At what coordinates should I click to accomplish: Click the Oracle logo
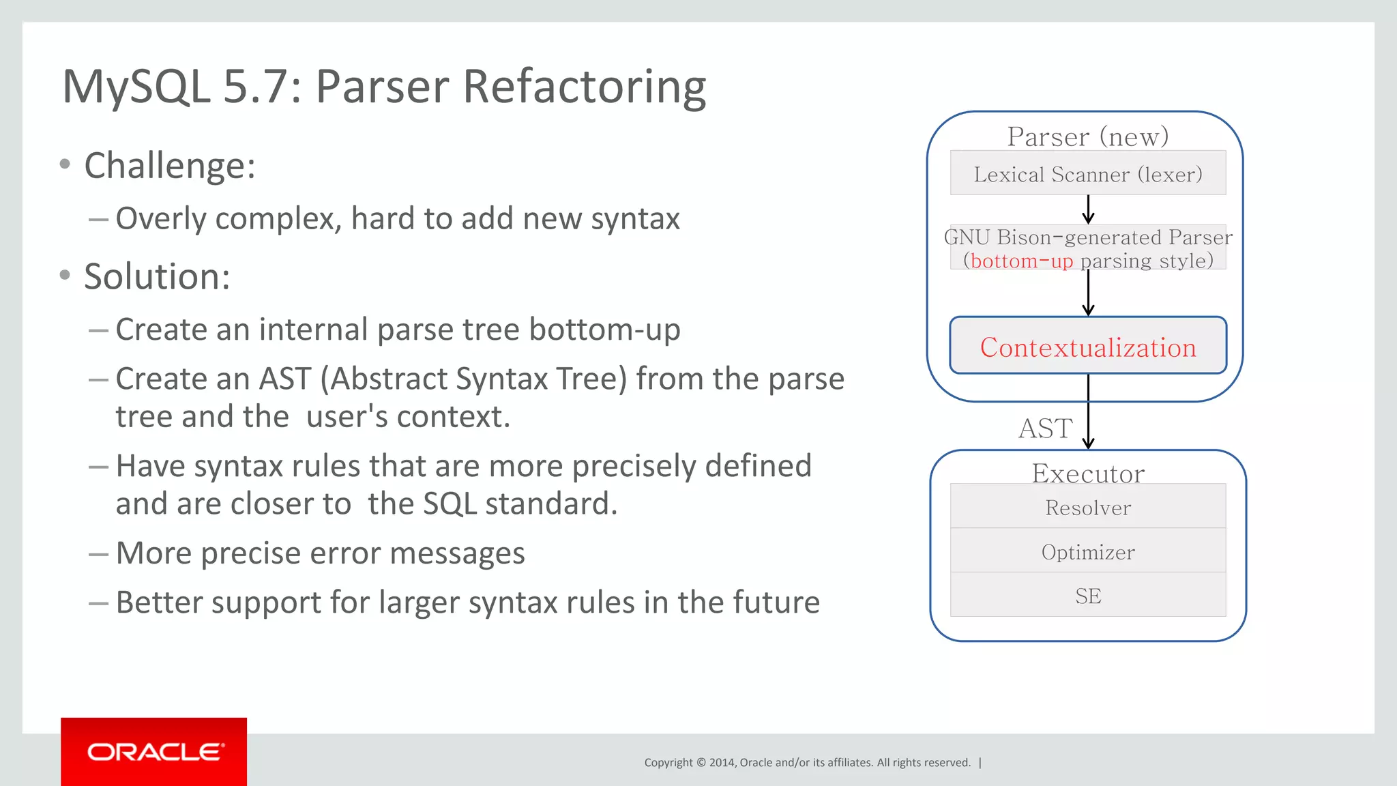tap(154, 752)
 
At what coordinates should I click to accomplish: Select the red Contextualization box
tap(1088, 347)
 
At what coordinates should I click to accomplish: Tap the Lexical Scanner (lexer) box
tap(1088, 174)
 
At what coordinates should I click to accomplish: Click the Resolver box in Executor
tap(1088, 507)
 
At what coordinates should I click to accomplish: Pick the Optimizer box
tap(1088, 551)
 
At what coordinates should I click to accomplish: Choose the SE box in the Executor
tap(1088, 596)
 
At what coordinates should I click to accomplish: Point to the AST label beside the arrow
tap(1045, 428)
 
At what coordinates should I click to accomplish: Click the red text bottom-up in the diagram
tap(1021, 261)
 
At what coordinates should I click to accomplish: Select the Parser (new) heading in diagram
tap(1088, 136)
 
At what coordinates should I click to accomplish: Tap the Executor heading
tap(1088, 473)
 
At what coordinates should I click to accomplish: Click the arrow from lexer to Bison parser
tap(1088, 209)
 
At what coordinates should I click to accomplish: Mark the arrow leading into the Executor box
tap(1088, 423)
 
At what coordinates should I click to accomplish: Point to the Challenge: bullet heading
tap(169, 166)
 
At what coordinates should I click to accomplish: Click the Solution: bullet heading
tap(157, 276)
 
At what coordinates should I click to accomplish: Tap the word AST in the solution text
tap(284, 379)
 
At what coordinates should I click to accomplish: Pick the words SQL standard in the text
tap(520, 504)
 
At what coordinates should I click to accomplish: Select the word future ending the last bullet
tap(776, 602)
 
